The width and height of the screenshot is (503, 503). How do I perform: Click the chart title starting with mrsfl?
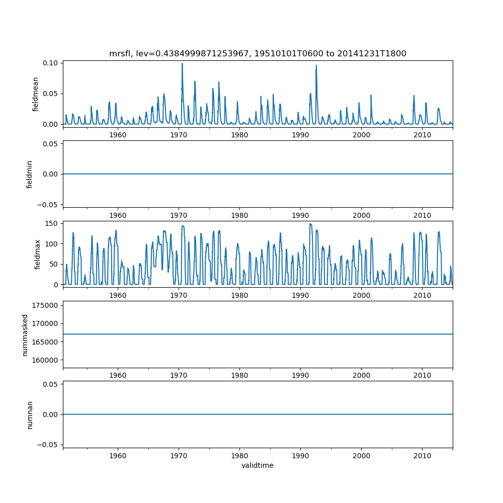coord(258,53)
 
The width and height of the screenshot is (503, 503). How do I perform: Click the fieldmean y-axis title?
coord(36,94)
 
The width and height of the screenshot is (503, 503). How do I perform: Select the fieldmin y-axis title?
coord(30,174)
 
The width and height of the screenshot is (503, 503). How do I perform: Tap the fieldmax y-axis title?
coord(37,254)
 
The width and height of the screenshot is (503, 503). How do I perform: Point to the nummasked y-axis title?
coord(25,334)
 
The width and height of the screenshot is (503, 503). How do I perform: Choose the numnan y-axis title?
coord(30,414)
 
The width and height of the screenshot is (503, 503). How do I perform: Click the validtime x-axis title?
coord(258,465)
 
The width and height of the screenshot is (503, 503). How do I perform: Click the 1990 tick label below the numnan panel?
coord(300,456)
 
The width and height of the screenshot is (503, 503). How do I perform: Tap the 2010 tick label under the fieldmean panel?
coord(422,135)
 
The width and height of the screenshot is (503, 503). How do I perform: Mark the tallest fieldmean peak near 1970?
coord(182,64)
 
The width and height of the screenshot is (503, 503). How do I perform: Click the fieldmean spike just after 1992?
coord(316,65)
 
